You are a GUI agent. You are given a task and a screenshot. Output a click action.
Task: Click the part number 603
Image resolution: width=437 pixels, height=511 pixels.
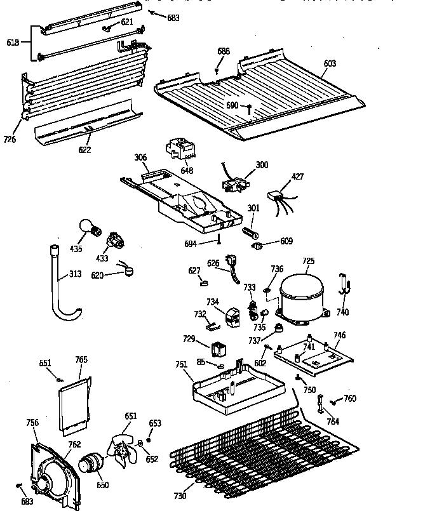330,63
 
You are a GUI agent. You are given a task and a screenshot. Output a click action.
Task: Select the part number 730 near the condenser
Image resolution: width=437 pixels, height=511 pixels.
180,495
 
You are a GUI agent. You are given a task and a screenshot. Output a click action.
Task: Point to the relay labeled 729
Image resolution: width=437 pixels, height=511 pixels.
219,348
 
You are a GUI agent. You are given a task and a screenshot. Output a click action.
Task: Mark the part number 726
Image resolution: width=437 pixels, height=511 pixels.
10,139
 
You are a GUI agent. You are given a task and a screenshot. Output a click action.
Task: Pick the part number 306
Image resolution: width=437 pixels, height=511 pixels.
140,157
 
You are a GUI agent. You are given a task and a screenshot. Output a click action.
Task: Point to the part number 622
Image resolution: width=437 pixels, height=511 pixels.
84,150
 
